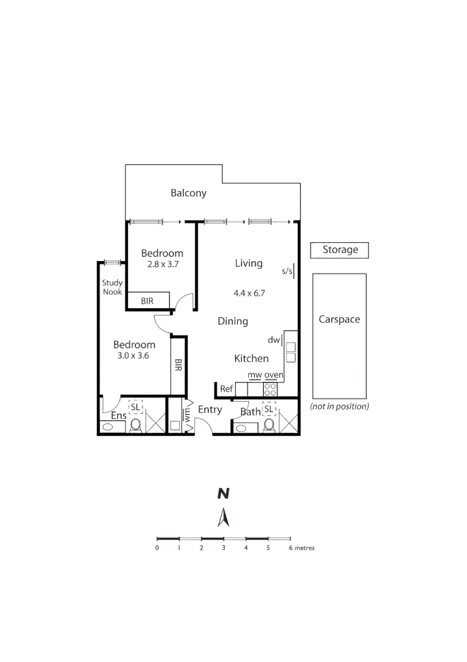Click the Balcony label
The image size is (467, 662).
[188, 193]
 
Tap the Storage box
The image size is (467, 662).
[340, 250]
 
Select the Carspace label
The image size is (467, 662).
[339, 319]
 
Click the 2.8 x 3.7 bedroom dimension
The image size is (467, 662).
[162, 265]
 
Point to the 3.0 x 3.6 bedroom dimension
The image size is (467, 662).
[133, 356]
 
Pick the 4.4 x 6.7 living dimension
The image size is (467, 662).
[248, 293]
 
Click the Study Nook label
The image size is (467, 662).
[112, 287]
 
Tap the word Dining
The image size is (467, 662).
[233, 321]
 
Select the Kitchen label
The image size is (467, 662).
[251, 359]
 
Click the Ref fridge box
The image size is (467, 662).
[226, 389]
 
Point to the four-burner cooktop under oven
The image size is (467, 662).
[270, 389]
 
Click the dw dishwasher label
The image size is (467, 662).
[273, 340]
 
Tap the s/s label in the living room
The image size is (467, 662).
[287, 270]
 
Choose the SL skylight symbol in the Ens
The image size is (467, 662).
[135, 407]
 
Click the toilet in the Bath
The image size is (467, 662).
[268, 425]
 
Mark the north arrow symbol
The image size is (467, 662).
[224, 518]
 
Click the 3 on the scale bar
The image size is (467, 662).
[223, 548]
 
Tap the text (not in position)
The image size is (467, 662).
[339, 406]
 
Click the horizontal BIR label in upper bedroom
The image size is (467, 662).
[147, 301]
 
